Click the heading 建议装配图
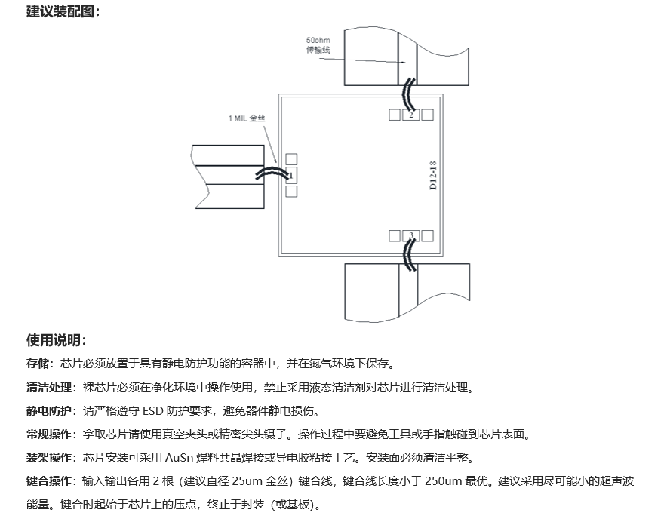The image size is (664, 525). pos(60,11)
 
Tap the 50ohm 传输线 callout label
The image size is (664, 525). pos(318,45)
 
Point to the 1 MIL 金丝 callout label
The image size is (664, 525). pos(247,118)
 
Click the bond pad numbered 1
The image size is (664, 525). pos(291,175)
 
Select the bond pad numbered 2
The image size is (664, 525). pos(410,115)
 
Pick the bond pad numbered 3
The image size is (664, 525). pos(410,236)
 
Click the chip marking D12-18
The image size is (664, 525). pos(432,175)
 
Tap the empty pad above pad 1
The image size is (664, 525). pos(291,159)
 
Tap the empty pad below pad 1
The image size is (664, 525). pos(291,192)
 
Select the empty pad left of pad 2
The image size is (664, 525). pos(395,115)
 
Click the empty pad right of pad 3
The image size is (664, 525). pos(427,236)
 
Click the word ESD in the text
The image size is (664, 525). pos(153,410)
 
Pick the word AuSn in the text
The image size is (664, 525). pos(179,458)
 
